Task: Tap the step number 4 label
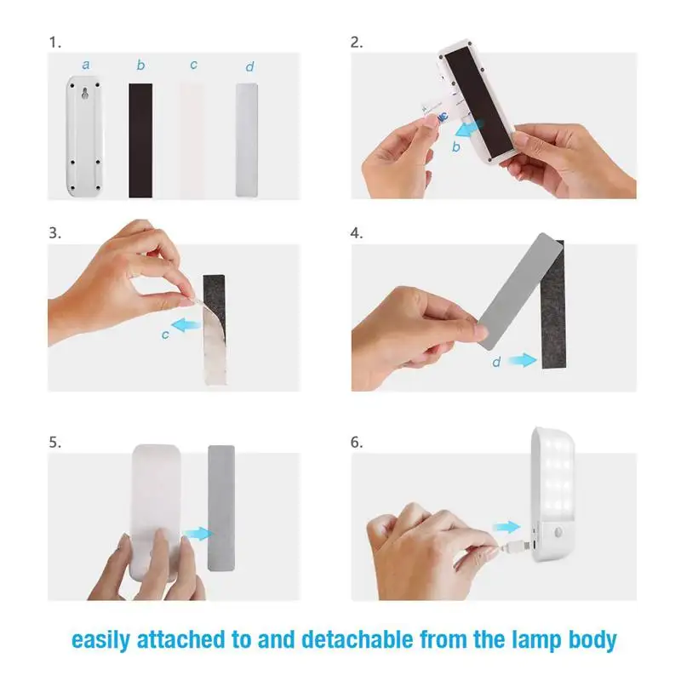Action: point(356,233)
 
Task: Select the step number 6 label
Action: point(356,442)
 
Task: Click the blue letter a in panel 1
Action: point(86,66)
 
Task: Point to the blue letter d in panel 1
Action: point(249,66)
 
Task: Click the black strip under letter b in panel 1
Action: point(140,140)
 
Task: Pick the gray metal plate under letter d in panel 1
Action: point(247,140)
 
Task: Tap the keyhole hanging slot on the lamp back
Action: point(85,93)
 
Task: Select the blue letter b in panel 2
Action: point(455,146)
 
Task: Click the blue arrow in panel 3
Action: point(186,324)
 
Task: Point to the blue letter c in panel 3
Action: point(165,335)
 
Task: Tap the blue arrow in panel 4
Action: point(523,359)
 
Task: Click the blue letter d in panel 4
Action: point(496,361)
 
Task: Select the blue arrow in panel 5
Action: point(197,534)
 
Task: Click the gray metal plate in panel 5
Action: point(221,507)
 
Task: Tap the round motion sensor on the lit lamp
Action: point(558,533)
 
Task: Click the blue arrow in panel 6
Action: point(506,527)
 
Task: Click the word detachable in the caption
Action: point(358,640)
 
